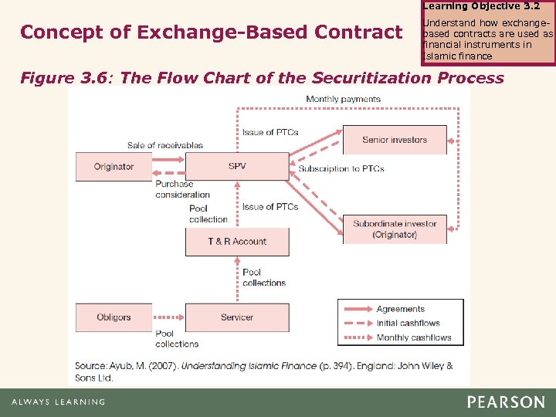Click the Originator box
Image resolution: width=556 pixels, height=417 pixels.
tap(114, 166)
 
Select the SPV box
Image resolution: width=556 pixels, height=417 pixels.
tap(237, 166)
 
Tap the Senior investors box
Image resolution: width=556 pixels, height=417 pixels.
tap(395, 140)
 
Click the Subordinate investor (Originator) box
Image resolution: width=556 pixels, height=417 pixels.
tap(395, 229)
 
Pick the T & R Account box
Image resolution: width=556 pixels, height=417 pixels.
tap(237, 242)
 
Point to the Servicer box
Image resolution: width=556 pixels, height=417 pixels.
tap(237, 317)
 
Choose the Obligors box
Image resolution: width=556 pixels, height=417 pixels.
tap(114, 317)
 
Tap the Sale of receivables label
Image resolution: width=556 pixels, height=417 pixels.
tap(165, 145)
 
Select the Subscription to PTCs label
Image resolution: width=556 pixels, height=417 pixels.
tap(341, 168)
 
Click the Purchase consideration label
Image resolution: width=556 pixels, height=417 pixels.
tap(182, 189)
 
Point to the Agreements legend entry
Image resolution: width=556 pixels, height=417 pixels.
tap(400, 309)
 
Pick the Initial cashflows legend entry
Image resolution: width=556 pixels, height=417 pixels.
tap(408, 323)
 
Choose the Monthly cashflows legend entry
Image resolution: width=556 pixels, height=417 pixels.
tap(413, 337)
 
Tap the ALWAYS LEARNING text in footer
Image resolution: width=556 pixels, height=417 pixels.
tap(58, 402)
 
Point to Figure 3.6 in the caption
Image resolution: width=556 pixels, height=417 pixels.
tap(68, 78)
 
